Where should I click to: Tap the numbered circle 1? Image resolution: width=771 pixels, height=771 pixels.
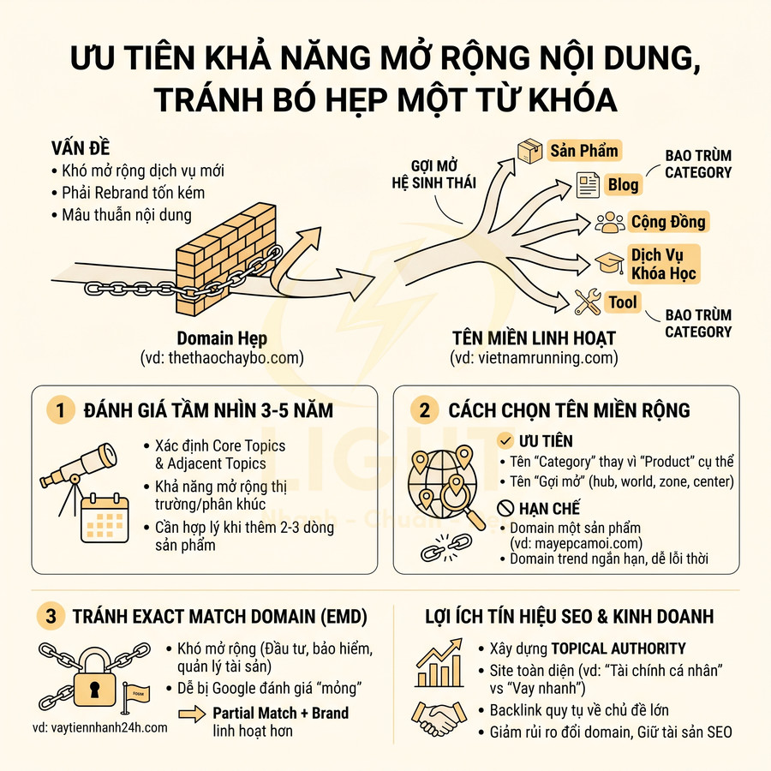tap(60, 410)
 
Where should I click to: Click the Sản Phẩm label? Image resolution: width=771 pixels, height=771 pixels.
tap(583, 151)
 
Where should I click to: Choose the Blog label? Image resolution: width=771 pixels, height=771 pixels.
tap(623, 184)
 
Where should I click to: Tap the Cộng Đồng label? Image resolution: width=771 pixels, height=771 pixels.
tap(667, 222)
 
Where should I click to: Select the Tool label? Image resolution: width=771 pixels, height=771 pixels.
tap(623, 302)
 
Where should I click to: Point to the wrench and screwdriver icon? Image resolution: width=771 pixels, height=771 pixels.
tap(588, 302)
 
